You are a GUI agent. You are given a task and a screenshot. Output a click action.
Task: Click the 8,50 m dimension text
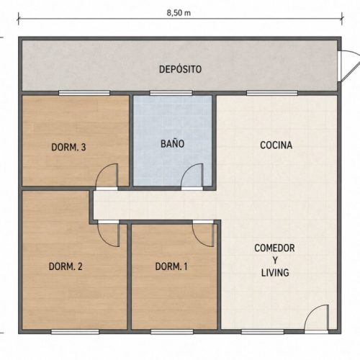[179, 13]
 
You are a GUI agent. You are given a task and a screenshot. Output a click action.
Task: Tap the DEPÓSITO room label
[180, 69]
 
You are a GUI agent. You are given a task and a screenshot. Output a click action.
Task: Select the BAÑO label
[172, 143]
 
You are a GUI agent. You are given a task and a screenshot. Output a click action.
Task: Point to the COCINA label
[276, 145]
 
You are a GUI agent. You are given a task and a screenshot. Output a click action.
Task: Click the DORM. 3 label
[68, 147]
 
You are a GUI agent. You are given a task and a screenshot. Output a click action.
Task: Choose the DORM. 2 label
[66, 266]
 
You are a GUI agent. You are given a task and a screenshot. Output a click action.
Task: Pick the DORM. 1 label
[171, 266]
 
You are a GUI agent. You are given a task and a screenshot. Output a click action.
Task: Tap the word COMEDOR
[274, 248]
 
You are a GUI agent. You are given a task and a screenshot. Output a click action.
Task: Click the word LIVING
[275, 273]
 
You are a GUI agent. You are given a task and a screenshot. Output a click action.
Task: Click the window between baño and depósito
[171, 93]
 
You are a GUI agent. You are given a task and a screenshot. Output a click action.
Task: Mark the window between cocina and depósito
[272, 93]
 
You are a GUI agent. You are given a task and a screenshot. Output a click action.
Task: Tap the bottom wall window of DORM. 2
[75, 332]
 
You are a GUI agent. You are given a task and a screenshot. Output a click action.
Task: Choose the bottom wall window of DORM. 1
[172, 332]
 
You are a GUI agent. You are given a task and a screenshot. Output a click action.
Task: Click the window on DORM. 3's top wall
[84, 93]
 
